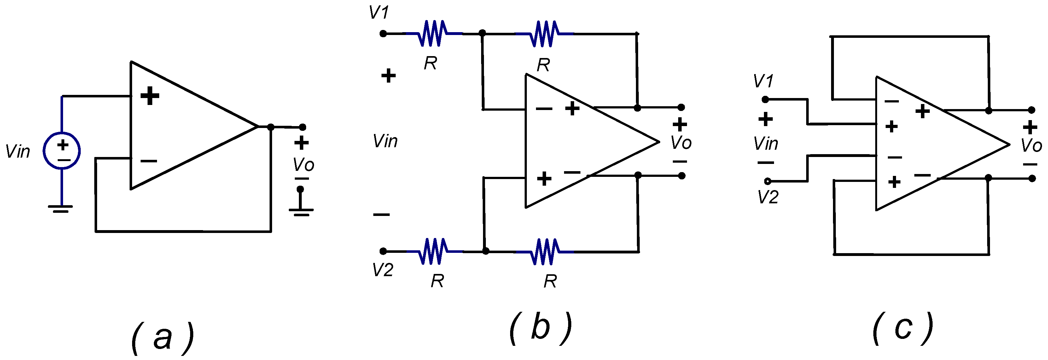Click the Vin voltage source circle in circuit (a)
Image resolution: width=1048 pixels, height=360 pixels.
tap(62, 151)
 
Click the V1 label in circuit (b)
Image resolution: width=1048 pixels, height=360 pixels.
tap(379, 12)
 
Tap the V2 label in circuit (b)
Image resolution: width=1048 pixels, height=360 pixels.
tap(382, 270)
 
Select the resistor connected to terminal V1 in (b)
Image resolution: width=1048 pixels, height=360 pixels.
tap(433, 33)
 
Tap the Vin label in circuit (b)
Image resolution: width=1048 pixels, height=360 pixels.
tap(385, 142)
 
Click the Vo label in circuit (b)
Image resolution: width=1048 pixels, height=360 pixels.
tap(681, 142)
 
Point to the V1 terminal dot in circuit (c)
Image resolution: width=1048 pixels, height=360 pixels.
tap(765, 99)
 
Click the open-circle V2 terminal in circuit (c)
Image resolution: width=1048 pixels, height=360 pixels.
tap(767, 182)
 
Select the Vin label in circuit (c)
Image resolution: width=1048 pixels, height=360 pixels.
tap(766, 144)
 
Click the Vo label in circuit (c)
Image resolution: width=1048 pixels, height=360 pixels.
tap(1031, 146)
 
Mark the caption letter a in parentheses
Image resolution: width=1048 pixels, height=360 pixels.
tap(163, 338)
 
